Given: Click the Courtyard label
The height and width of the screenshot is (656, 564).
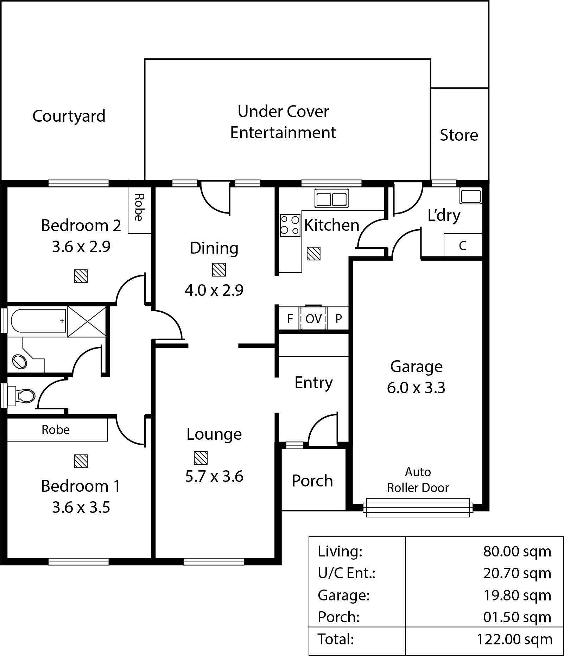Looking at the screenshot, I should (69, 116).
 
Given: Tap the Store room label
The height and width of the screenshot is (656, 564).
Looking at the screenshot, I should (459, 135).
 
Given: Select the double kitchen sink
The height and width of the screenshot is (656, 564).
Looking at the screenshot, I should (331, 198).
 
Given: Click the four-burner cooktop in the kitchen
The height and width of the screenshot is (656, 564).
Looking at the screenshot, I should (290, 225).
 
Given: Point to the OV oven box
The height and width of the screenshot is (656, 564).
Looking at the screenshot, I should (313, 319).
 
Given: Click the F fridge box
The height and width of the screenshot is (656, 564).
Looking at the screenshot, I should (290, 319).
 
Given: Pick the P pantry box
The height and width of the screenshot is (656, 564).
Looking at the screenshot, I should (338, 319).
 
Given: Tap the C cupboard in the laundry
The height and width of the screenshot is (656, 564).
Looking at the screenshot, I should (463, 246).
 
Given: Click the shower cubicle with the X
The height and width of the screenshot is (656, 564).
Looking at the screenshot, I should (87, 321).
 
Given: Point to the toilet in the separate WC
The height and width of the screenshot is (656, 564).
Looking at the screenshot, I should (23, 396).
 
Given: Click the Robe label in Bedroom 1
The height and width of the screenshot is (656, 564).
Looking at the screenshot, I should (56, 429).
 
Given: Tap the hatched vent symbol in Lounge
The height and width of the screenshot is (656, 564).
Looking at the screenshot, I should (201, 458).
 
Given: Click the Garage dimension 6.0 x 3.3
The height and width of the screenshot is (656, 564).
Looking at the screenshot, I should (416, 388).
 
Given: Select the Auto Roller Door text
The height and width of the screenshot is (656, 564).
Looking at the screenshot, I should (418, 480).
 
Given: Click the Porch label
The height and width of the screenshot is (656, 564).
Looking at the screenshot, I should (312, 480).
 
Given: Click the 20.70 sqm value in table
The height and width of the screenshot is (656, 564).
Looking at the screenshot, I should (517, 573).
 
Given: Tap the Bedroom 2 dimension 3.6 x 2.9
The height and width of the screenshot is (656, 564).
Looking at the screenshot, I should (81, 247).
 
